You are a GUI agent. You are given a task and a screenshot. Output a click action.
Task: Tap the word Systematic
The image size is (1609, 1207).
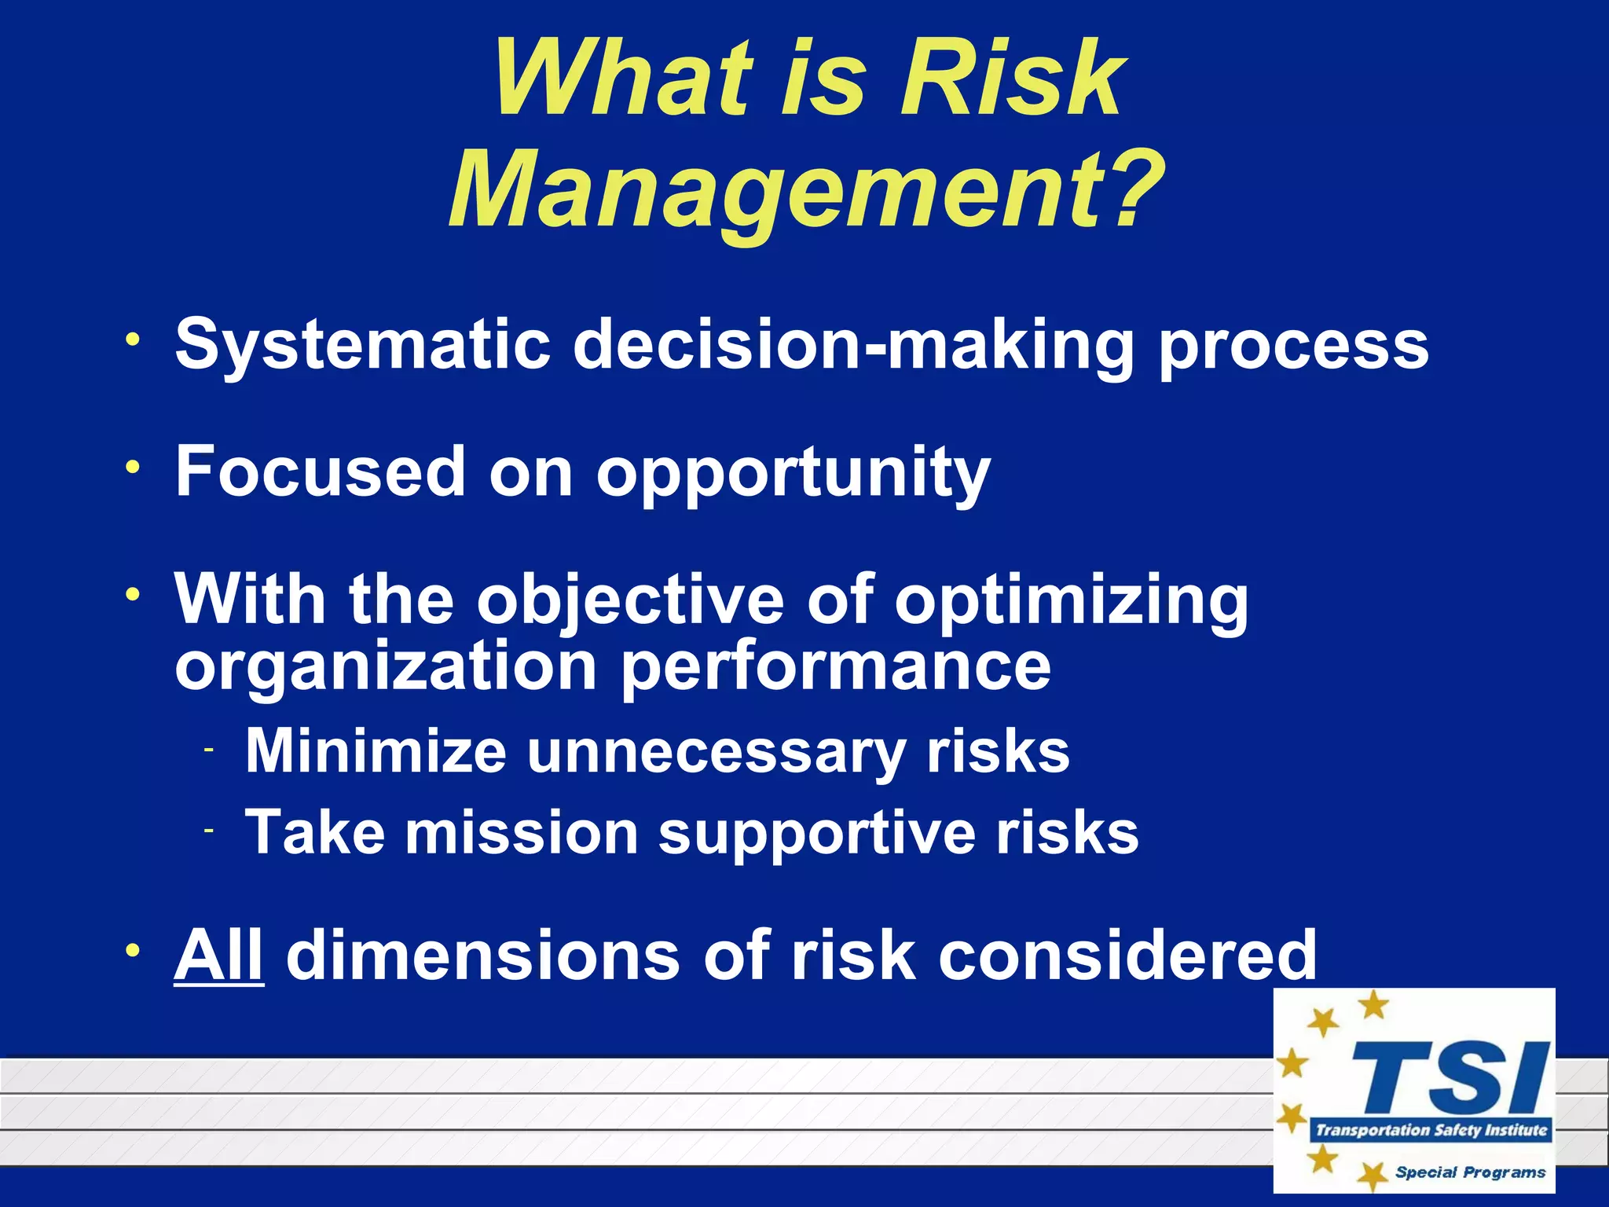362,343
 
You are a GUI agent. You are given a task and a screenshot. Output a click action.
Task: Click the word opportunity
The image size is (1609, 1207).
793,474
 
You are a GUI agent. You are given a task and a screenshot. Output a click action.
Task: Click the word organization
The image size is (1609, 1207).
386,666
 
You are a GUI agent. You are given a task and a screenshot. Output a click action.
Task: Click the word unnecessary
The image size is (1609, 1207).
716,752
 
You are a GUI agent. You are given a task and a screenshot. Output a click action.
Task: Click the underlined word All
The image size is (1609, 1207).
218,955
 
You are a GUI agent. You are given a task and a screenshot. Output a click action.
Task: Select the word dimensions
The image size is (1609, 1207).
483,955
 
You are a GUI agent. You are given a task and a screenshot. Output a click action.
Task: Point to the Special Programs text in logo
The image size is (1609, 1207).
1470,1172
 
